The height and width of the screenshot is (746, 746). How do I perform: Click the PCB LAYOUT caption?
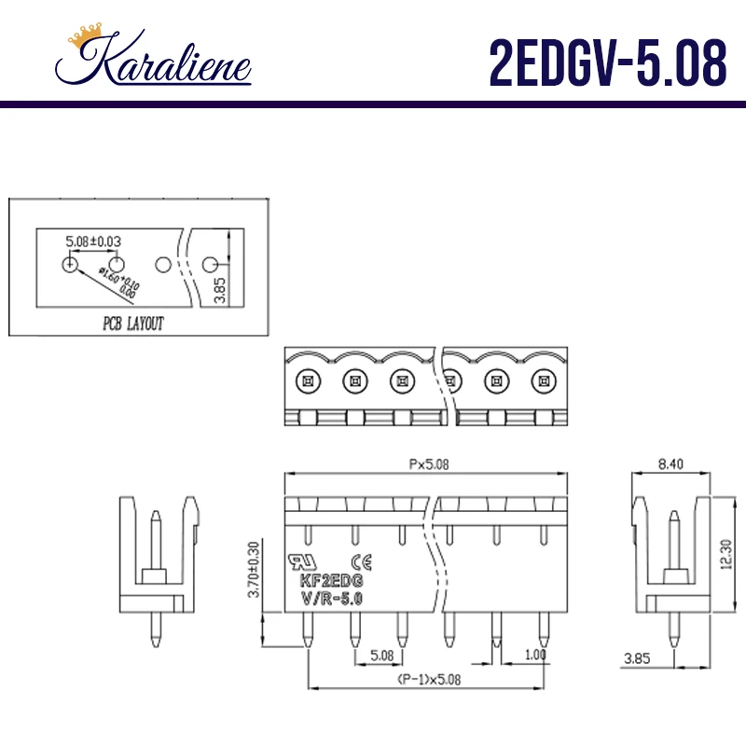tap(132, 325)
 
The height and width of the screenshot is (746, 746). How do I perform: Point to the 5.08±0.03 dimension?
tap(93, 242)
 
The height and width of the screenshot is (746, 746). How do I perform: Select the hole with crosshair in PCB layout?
tap(70, 265)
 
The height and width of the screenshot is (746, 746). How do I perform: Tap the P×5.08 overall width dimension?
tap(427, 464)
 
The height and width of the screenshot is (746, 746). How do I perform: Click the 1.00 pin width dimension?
tap(534, 655)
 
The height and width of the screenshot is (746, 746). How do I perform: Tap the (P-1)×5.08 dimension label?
tap(427, 679)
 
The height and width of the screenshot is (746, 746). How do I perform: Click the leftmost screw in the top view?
tap(306, 380)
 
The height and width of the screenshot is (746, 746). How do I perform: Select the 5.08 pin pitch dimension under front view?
tap(380, 655)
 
